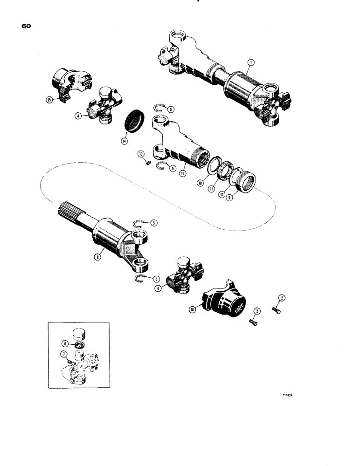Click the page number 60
pyautogui.click(x=26, y=27)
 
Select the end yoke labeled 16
pyautogui.click(x=223, y=303)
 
